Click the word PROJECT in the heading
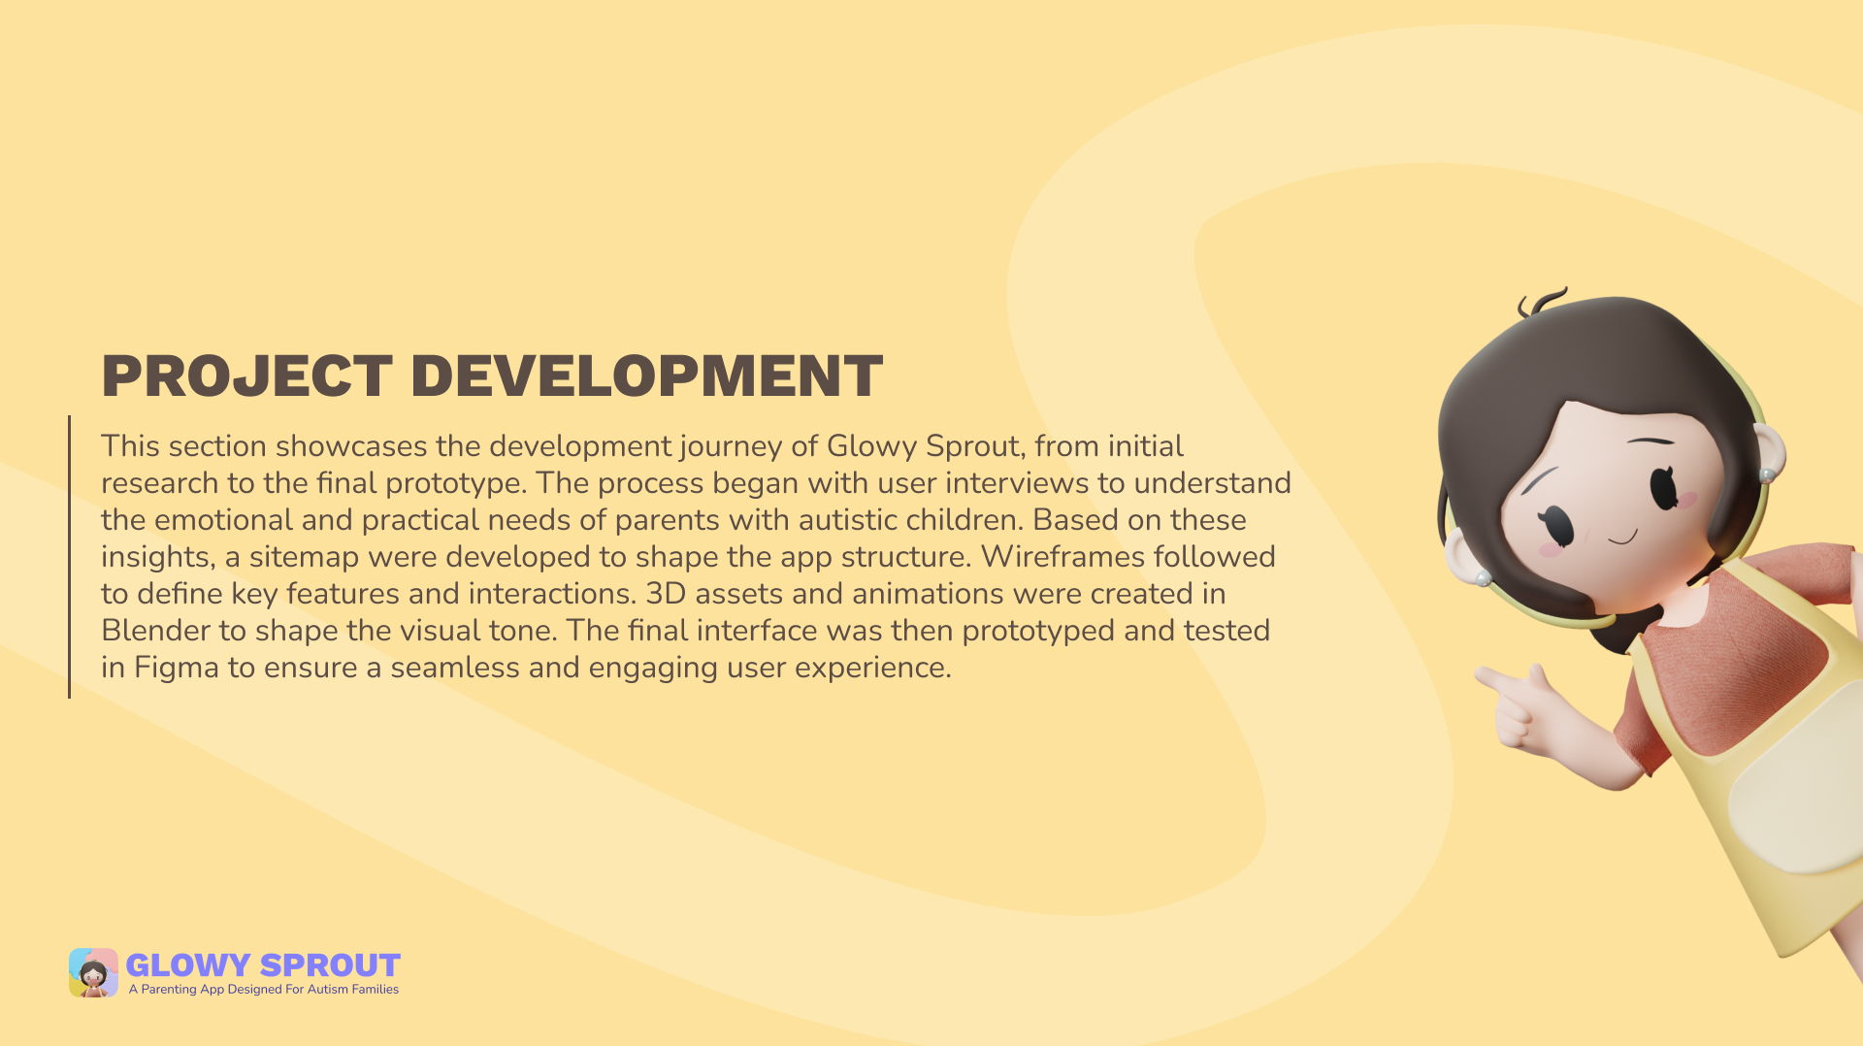click(246, 376)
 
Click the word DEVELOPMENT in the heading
click(646, 376)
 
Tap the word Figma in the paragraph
click(177, 668)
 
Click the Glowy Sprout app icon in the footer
click(93, 972)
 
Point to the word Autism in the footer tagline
click(328, 990)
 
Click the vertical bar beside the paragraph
click(69, 557)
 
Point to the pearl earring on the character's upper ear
click(1768, 474)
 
